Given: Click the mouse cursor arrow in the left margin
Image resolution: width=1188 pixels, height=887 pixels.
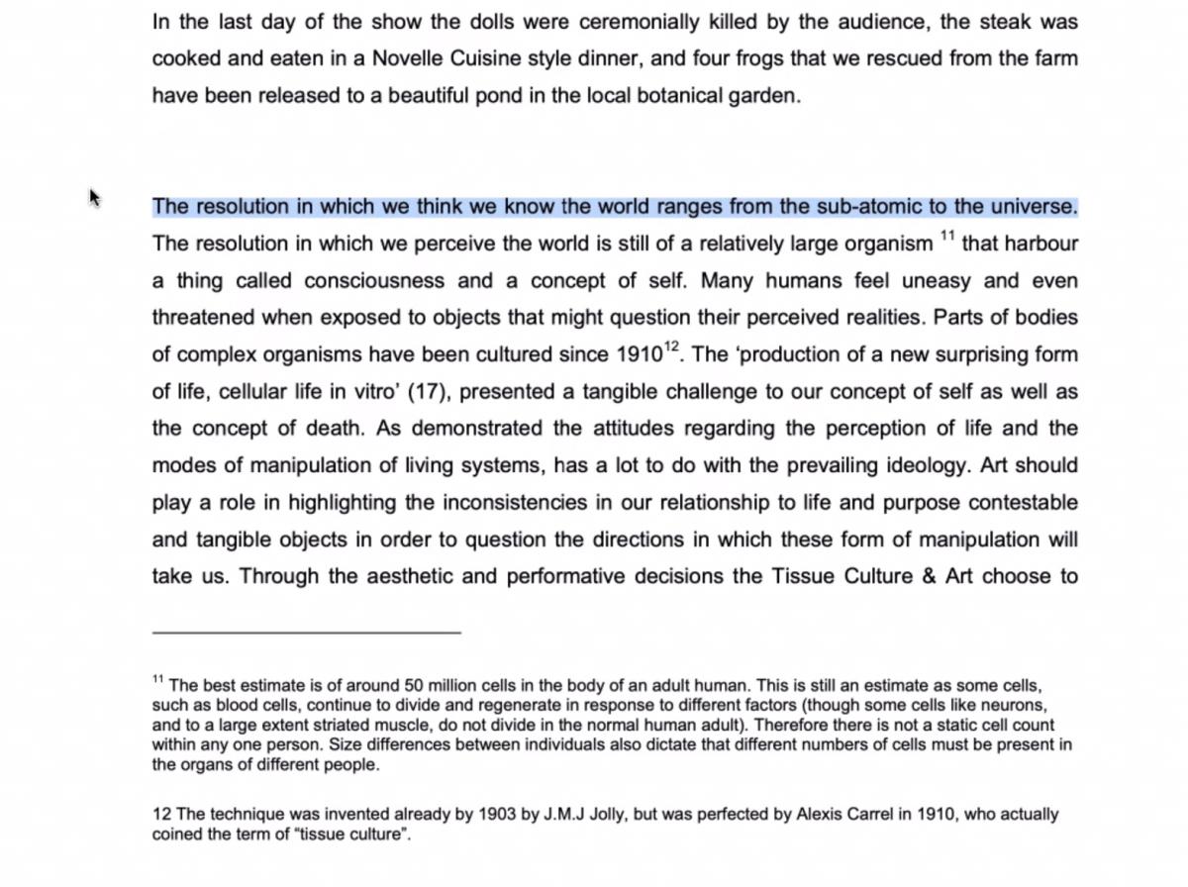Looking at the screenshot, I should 95,198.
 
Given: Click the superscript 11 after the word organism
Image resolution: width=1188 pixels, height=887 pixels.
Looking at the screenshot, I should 947,236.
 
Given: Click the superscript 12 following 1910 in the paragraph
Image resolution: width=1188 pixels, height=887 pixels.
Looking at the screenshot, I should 673,346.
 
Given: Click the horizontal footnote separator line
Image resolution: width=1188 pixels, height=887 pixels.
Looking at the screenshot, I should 306,631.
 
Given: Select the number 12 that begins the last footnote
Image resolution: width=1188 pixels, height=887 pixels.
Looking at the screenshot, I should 161,815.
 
